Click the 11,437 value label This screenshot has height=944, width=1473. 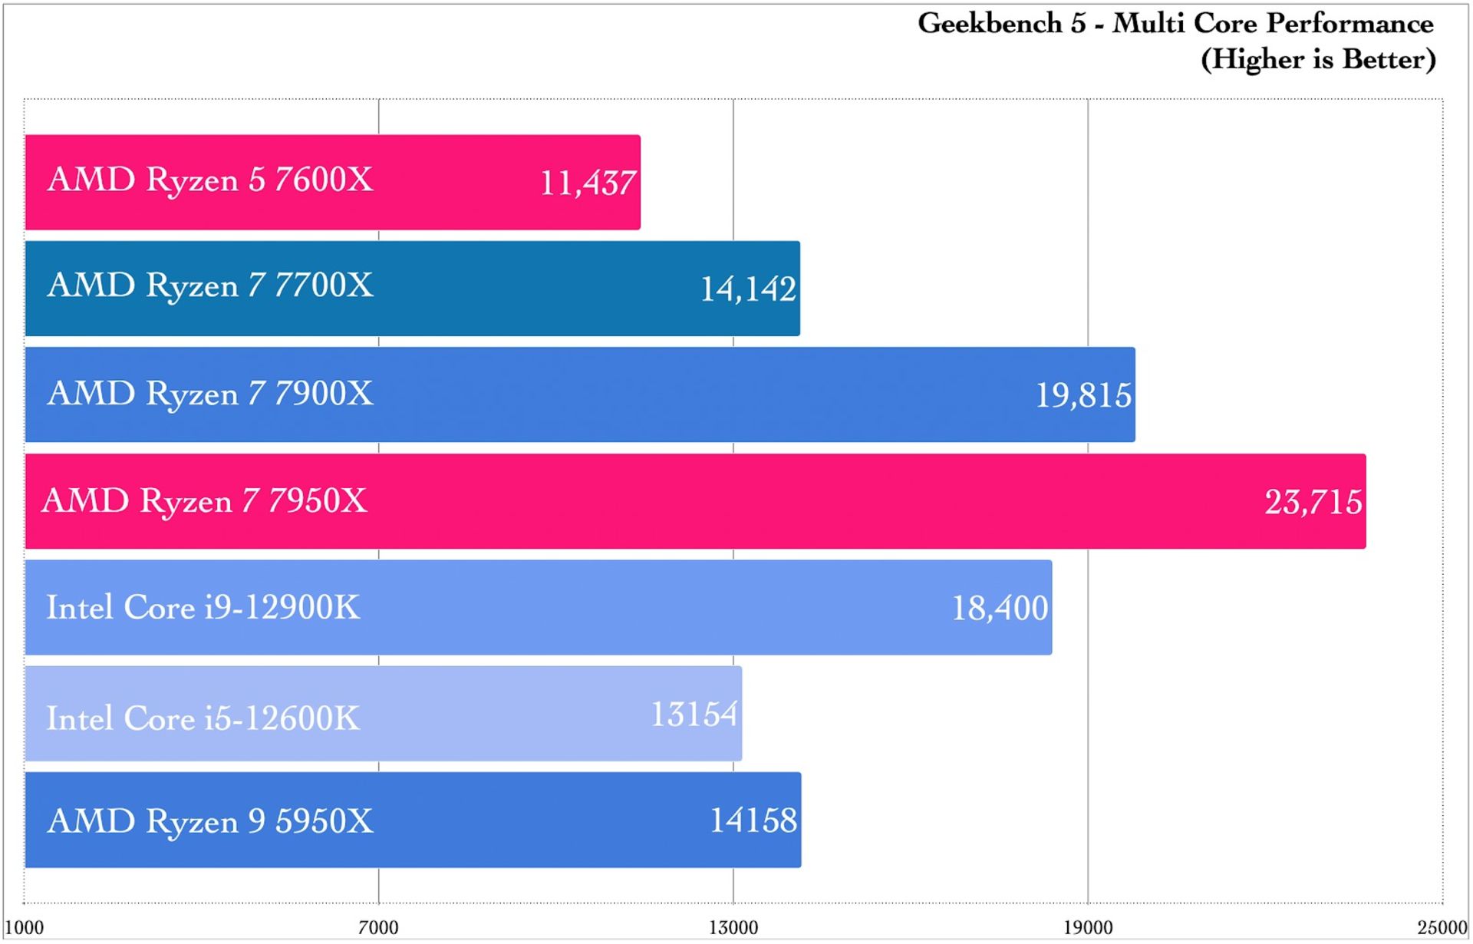[588, 183]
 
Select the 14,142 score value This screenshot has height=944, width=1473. [748, 289]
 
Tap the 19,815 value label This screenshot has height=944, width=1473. [1083, 396]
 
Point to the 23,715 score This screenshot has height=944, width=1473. [1313, 503]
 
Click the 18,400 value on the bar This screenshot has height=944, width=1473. [1000, 609]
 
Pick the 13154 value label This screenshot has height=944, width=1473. [694, 715]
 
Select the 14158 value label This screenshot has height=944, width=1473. [753, 820]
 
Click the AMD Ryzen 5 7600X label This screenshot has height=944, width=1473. [210, 180]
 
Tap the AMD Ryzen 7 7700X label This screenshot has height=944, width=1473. [210, 286]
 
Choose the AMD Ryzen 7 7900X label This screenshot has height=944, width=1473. [210, 394]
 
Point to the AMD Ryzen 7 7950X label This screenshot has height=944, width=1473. [205, 501]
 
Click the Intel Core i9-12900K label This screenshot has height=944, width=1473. [203, 608]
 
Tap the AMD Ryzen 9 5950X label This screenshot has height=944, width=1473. [210, 822]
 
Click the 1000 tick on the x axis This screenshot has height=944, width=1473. [25, 927]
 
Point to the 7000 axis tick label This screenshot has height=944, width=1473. [379, 927]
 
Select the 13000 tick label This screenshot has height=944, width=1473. [733, 927]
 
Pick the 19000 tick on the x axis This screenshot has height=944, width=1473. [1087, 927]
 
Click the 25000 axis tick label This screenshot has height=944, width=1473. [1442, 927]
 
